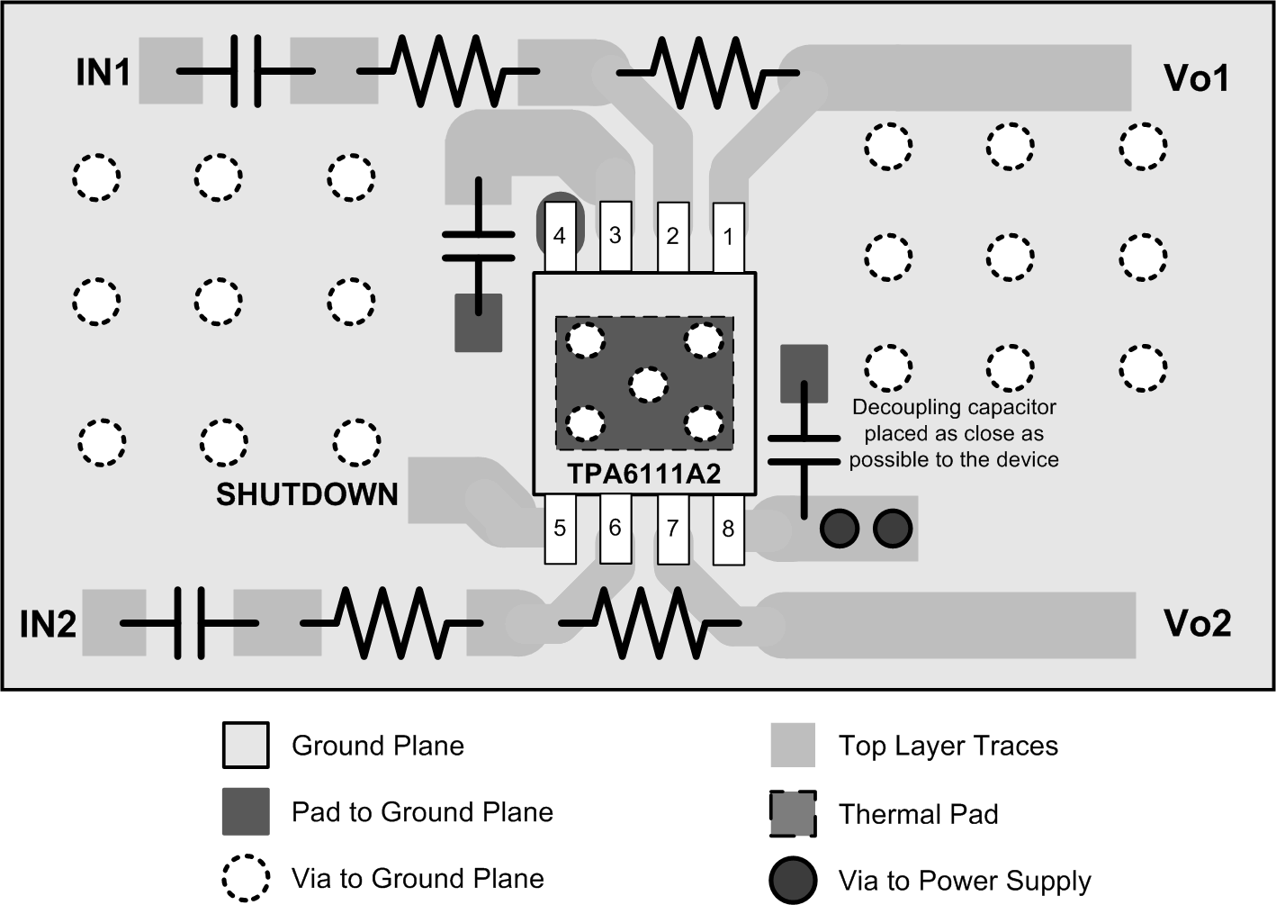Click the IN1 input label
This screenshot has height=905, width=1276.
103,73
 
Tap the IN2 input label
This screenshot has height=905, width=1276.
49,624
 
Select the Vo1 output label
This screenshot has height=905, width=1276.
1196,78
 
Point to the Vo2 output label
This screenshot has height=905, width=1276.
1197,623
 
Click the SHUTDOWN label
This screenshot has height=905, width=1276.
307,494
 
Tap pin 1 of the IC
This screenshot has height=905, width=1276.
728,237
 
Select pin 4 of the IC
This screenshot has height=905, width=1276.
559,236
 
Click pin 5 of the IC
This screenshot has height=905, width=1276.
559,529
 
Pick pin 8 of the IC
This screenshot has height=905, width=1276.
728,529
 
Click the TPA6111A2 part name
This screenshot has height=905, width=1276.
643,475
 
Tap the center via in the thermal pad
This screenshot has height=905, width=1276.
647,385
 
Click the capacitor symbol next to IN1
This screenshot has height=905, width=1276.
245,71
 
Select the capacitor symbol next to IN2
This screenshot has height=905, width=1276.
189,622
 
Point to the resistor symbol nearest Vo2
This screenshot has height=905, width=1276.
650,622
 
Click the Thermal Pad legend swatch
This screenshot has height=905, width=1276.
793,813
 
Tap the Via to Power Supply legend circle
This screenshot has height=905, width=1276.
793,880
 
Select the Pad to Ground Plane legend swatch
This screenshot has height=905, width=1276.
246,811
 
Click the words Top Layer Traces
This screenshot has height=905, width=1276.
948,746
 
